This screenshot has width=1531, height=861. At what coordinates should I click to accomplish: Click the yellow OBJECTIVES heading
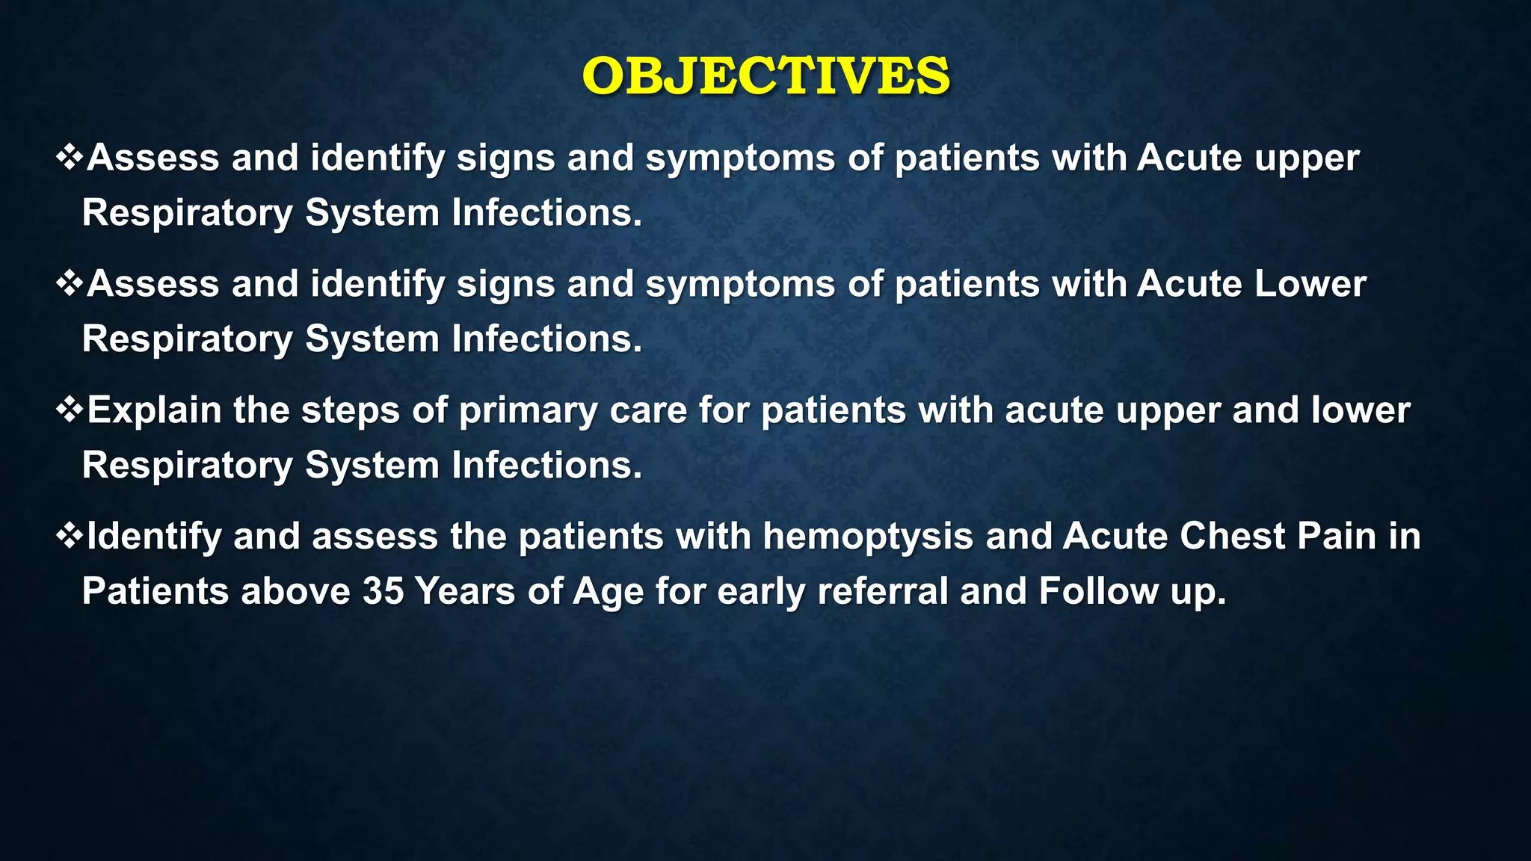[765, 76]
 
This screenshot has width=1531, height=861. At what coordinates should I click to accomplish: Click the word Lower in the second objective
[1310, 285]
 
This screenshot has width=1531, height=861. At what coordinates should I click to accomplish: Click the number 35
[383, 592]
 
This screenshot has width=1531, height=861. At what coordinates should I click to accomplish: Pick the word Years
[464, 592]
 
